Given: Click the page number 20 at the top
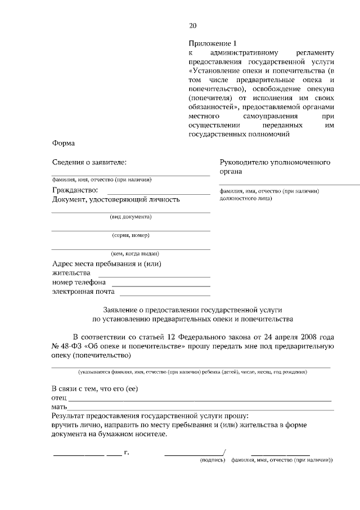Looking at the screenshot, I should coord(193,25).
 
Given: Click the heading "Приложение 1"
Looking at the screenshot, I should coord(209,43).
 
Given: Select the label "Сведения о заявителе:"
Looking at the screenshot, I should coord(89,162).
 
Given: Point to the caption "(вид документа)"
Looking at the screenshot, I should coord(130,217).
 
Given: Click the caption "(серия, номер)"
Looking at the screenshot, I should coord(130,235).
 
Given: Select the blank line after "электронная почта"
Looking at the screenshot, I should coord(165,295).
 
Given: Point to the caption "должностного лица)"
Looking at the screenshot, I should coord(246,198).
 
